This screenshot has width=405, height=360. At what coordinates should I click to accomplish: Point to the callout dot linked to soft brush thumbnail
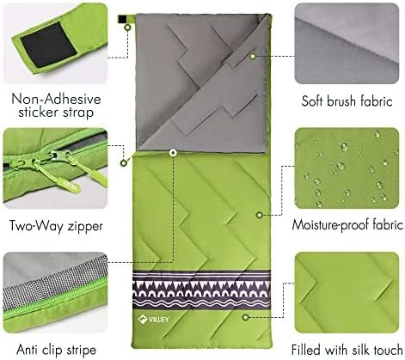[x=252, y=53]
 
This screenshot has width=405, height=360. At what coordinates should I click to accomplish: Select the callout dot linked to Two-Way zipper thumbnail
[x=173, y=155]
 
